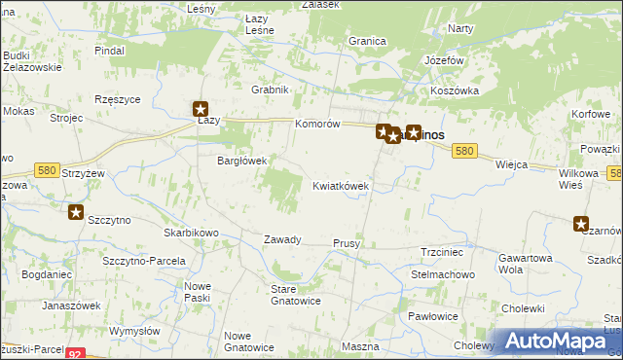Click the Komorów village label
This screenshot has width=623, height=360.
click(317, 125)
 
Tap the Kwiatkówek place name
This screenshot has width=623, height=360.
click(340, 185)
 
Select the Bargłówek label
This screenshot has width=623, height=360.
click(241, 161)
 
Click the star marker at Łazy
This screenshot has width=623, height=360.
click(201, 110)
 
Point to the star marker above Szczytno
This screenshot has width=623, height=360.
click(75, 210)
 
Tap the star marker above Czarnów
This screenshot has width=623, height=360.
click(582, 223)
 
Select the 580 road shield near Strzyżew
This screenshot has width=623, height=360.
click(46, 170)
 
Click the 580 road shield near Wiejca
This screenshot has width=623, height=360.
click(465, 151)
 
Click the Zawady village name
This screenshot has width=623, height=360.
click(283, 239)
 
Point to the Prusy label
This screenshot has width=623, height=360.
click(348, 242)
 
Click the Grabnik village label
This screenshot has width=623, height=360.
click(271, 90)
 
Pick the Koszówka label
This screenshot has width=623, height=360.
click(456, 90)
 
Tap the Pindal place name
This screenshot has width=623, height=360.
click(110, 49)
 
